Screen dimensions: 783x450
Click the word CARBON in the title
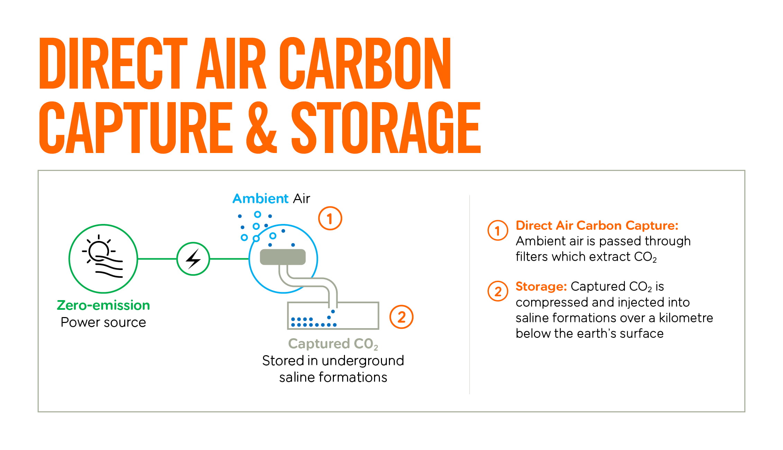(365, 63)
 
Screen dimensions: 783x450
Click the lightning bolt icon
(193, 259)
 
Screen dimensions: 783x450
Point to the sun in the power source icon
(98, 250)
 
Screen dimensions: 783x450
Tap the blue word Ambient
(260, 199)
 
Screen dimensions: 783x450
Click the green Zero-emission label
(103, 305)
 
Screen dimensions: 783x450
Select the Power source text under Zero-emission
(103, 322)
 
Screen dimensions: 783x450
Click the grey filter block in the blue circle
(283, 257)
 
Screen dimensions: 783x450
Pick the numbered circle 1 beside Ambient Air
(330, 218)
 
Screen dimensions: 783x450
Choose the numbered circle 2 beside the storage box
(401, 317)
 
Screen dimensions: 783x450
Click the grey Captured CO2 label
(333, 344)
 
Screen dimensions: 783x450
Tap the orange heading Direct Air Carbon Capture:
(597, 225)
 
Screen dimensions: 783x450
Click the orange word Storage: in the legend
(541, 287)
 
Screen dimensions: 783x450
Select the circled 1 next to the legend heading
(498, 231)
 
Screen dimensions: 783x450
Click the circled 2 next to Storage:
(498, 291)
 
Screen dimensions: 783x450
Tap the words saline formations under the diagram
(333, 377)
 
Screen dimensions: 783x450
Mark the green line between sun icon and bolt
(157, 259)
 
